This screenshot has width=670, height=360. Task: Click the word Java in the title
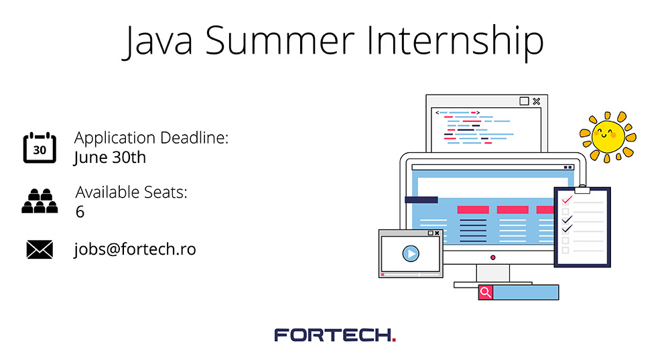point(157,42)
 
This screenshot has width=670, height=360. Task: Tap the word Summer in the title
point(280,41)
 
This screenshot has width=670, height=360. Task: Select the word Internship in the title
point(456,42)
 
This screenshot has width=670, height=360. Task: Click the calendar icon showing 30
point(40,147)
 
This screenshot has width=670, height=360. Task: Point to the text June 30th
point(110,158)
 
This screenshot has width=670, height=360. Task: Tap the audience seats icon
point(40,200)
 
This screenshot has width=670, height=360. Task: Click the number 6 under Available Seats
point(80,212)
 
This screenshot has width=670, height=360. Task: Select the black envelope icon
point(40,249)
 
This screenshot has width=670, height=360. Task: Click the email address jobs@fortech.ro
point(135,249)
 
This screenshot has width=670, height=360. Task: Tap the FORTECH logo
point(335,335)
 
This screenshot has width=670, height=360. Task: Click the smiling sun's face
point(607,137)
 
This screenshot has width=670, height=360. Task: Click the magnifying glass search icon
point(485,292)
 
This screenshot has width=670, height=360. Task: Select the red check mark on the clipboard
point(567,200)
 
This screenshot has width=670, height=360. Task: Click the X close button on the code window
point(537,101)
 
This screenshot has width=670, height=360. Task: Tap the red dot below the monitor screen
point(492,257)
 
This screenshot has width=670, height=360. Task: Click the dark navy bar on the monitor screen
point(421,200)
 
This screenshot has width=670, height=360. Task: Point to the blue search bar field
point(525,292)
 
